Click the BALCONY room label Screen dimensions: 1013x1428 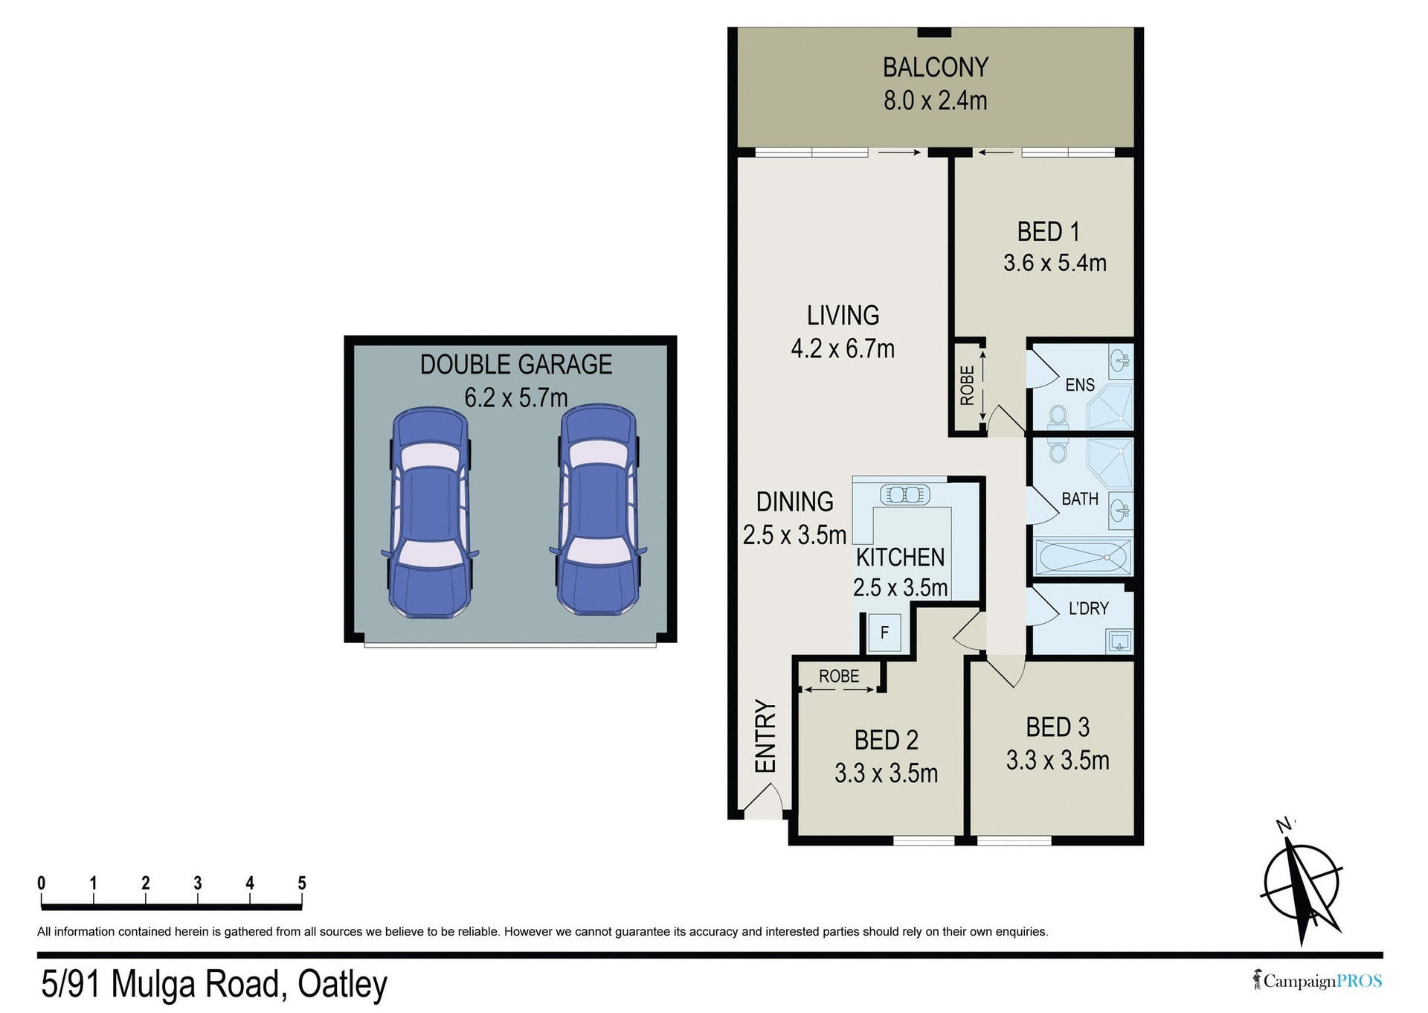coord(935,68)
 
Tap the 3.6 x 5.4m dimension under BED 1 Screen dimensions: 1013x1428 coord(1054,263)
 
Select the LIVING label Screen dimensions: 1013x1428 coord(843,316)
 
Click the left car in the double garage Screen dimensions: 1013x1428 coord(430,512)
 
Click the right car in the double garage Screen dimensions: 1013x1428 coord(598,510)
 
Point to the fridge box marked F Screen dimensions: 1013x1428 coord(884,633)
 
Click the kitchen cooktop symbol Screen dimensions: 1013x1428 coord(904,494)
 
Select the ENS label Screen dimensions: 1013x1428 coord(1079,385)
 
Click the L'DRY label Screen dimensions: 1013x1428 coord(1088,608)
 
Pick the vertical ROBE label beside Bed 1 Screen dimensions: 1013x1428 coord(967,386)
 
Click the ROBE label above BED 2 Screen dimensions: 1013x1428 coord(838,676)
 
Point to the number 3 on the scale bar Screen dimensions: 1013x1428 coord(198,883)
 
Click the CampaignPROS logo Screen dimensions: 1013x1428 coord(1317,981)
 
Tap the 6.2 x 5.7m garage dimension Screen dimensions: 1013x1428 coord(515,397)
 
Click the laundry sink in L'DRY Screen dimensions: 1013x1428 coord(1119,641)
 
